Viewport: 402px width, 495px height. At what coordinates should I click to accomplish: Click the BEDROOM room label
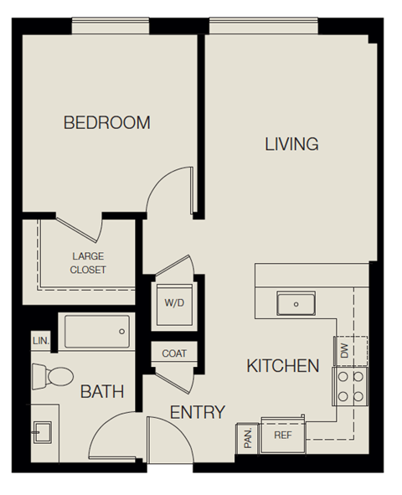click(x=107, y=123)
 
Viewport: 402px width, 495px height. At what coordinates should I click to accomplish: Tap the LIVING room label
click(x=291, y=144)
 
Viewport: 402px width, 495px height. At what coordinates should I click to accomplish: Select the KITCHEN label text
click(x=283, y=366)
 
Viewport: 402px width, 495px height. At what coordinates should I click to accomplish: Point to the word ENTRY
click(x=198, y=412)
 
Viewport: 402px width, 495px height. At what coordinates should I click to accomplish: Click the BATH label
click(x=102, y=391)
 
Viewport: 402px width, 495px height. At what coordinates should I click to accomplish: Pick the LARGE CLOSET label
click(x=88, y=263)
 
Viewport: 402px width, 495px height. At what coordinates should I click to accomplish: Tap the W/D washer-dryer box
click(x=174, y=302)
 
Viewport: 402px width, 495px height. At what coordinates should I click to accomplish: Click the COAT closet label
click(x=174, y=354)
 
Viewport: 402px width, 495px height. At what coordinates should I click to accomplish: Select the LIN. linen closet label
click(x=40, y=341)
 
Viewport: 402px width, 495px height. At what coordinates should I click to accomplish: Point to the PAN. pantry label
click(x=248, y=436)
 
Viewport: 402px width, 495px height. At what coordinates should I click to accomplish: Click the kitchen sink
click(x=296, y=303)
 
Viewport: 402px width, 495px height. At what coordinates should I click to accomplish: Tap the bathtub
click(x=98, y=332)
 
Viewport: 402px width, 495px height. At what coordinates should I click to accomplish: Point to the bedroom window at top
click(x=111, y=27)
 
